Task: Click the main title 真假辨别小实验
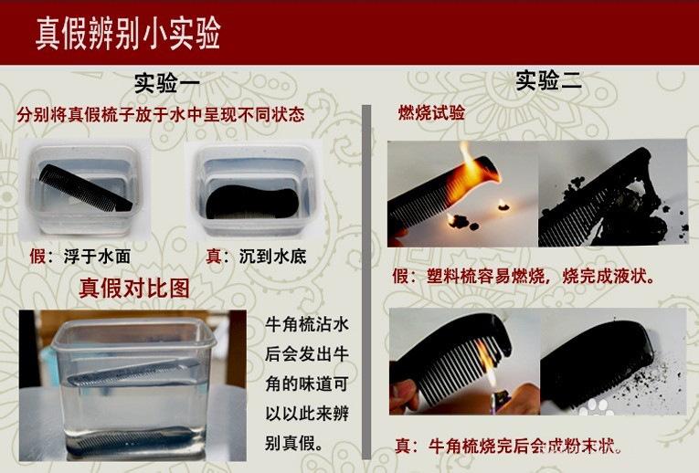(128, 32)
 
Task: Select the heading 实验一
(166, 84)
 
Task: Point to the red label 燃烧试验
(431, 113)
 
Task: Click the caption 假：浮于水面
(79, 257)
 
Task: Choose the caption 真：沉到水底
(255, 257)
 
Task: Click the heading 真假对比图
(135, 289)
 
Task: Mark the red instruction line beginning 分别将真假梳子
(160, 116)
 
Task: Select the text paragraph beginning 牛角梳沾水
(306, 384)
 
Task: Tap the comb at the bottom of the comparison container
(137, 439)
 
